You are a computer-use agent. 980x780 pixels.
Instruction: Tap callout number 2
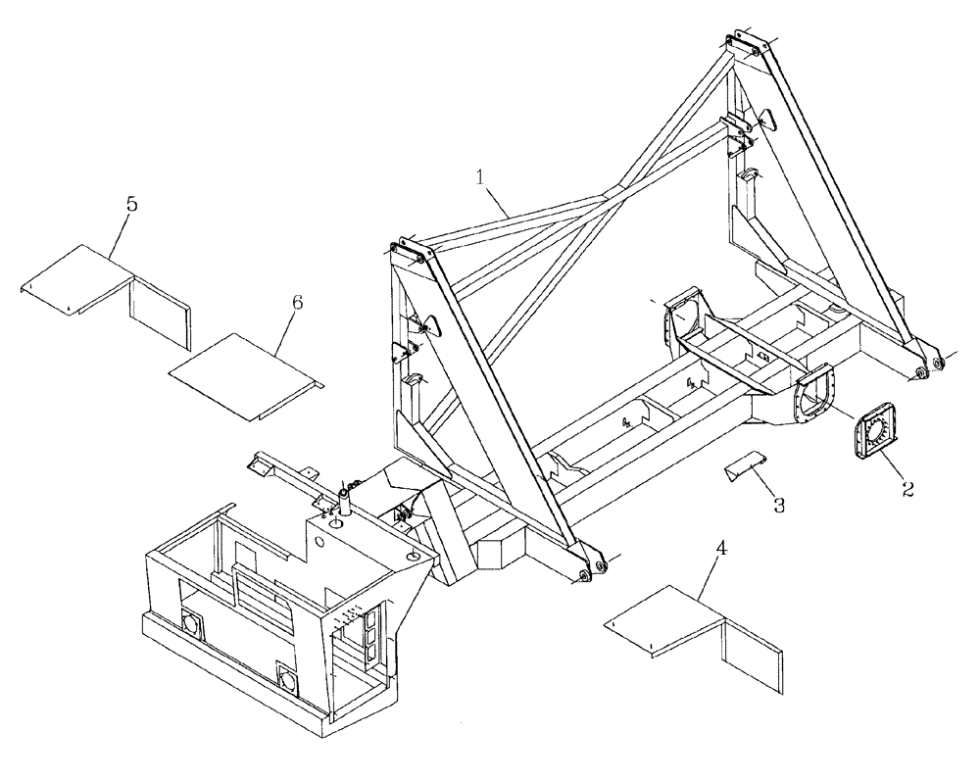[907, 487]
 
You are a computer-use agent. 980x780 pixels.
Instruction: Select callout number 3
[778, 506]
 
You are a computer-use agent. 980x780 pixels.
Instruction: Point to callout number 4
[721, 552]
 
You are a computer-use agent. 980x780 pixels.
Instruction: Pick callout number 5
[130, 206]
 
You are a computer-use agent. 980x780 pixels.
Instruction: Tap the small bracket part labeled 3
[745, 468]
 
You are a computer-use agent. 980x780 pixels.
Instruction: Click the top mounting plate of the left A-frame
[411, 253]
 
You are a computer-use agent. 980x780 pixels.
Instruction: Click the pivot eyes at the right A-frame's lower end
[930, 366]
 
